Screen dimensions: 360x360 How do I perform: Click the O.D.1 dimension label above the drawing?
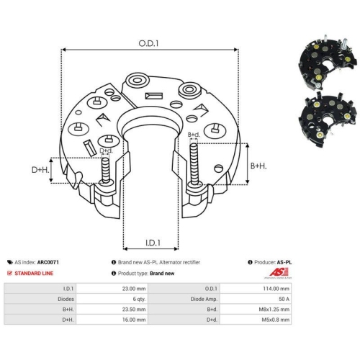148,43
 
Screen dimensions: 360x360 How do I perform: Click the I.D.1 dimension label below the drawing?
153,243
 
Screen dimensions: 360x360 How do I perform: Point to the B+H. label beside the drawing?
258,166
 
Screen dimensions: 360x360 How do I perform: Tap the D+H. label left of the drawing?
40,170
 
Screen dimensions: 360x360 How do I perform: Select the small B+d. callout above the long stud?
194,135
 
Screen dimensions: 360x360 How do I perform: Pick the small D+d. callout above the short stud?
106,150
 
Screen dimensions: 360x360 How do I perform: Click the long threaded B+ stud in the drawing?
194,164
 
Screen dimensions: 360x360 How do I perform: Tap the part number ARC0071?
48,262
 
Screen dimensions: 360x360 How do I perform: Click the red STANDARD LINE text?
34,274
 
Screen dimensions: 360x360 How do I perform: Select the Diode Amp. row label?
204,299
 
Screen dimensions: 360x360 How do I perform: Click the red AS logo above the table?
279,272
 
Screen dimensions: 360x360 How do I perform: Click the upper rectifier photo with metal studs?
327,63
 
